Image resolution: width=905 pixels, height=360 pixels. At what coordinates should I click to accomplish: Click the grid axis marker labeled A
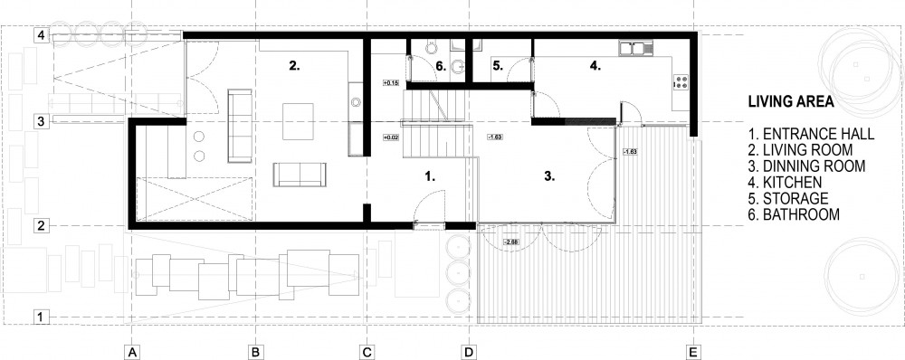point(132,352)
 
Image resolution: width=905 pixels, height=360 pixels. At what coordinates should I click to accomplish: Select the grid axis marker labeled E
point(693,352)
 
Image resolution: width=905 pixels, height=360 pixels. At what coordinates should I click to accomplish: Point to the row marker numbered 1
point(41,317)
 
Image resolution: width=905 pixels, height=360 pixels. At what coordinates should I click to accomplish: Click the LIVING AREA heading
point(791,102)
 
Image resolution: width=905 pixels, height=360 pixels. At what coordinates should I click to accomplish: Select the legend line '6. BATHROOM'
point(794,214)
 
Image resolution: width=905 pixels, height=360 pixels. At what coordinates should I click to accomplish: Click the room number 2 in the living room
point(294,66)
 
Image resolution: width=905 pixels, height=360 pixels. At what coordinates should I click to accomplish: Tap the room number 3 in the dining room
point(549,176)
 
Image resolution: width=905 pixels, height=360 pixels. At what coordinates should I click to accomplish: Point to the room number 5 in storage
point(498,66)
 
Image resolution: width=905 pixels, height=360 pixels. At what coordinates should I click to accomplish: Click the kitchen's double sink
point(635,48)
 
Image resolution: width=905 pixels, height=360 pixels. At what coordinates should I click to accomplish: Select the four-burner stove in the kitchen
point(681,82)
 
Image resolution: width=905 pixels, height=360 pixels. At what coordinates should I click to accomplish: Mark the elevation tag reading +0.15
point(391,83)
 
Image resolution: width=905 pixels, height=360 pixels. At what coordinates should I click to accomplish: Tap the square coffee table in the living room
point(298,121)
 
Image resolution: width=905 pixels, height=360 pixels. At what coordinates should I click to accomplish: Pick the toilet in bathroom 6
point(458,67)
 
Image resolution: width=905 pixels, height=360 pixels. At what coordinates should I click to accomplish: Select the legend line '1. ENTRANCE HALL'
point(811,135)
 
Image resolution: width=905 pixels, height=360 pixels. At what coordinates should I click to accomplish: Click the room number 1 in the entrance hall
point(429,176)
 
